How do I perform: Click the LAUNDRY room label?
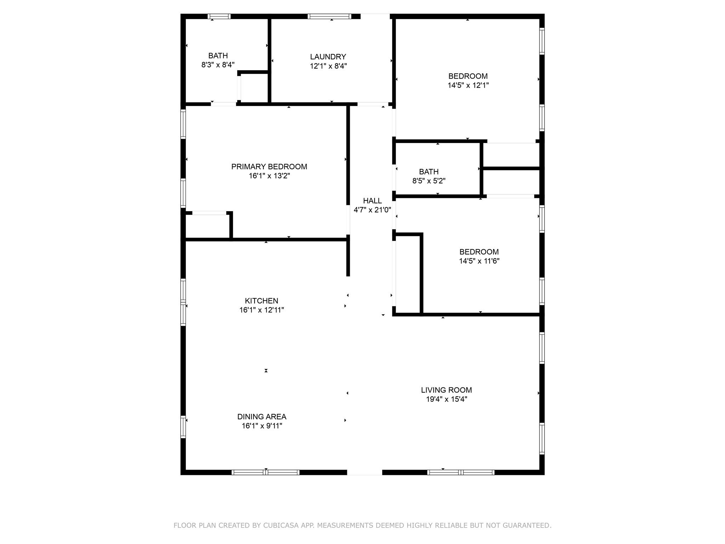(328, 57)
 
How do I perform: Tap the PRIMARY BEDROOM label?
(269, 166)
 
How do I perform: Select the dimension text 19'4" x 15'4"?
(446, 399)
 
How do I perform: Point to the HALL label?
(372, 200)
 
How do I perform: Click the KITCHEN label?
(261, 301)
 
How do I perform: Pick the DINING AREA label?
(262, 416)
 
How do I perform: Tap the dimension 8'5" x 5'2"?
(429, 181)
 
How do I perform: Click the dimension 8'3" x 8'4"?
(218, 65)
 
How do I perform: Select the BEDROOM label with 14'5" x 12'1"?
(468, 76)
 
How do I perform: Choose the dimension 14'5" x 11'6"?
(479, 261)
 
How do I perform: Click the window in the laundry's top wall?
(329, 16)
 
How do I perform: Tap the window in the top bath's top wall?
(219, 16)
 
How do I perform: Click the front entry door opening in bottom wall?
(364, 472)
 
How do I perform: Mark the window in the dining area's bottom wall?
(266, 472)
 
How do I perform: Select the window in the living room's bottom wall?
(461, 472)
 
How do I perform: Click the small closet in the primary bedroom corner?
(207, 226)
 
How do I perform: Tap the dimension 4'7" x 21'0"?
(372, 210)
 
